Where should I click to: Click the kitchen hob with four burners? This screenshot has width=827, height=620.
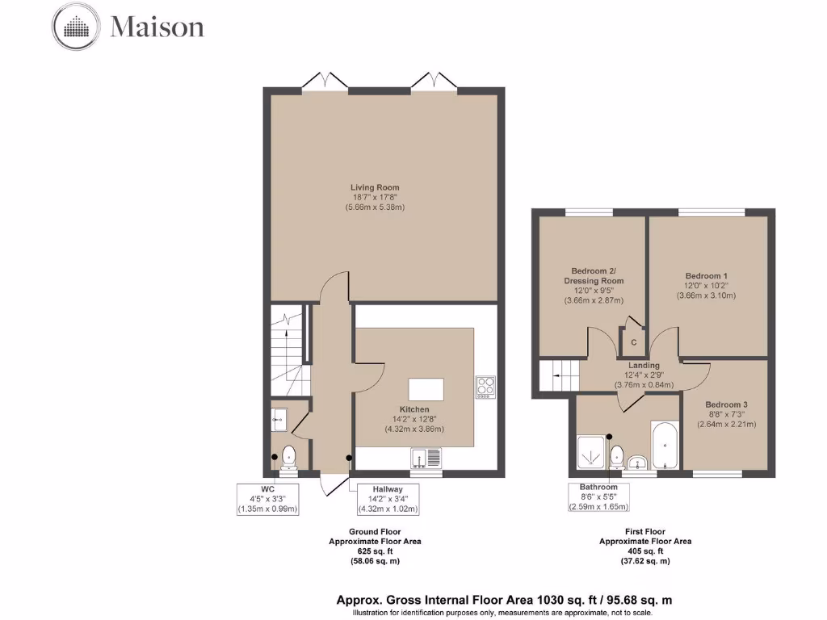pyautogui.click(x=485, y=387)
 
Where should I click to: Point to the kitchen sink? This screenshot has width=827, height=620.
pyautogui.click(x=426, y=459)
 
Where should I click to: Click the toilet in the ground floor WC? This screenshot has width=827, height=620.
pyautogui.click(x=288, y=458)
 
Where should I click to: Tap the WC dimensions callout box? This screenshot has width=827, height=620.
pyautogui.click(x=267, y=499)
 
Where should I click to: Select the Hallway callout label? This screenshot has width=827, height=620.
pyautogui.click(x=388, y=499)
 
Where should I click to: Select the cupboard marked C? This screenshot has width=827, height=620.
pyautogui.click(x=633, y=341)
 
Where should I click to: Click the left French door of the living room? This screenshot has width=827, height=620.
pyautogui.click(x=326, y=81)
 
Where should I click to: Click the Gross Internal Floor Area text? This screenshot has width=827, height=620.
pyautogui.click(x=504, y=601)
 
